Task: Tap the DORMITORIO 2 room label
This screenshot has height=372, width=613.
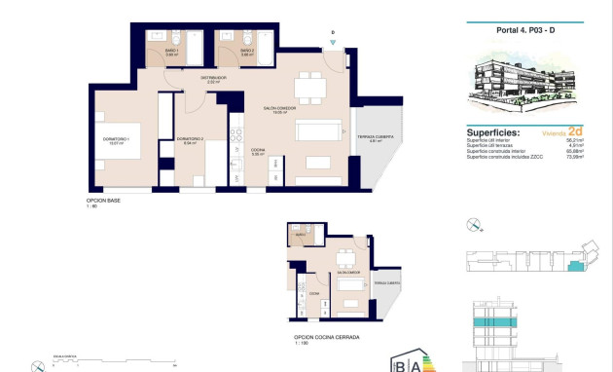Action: (191, 140)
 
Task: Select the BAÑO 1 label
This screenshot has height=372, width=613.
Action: (170, 52)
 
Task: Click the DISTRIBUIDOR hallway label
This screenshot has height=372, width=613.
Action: (214, 79)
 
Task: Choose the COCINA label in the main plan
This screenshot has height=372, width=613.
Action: (258, 152)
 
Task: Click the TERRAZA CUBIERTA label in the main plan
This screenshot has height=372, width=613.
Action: (375, 138)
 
